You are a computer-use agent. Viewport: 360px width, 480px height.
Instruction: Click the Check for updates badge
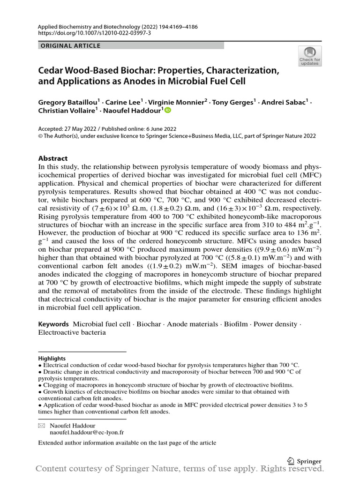click(310, 56)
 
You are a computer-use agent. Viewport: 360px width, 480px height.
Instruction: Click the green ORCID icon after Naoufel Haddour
click(168, 110)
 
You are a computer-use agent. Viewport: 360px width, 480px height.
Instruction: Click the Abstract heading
click(52, 158)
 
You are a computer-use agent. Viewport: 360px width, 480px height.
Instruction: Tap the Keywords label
click(53, 324)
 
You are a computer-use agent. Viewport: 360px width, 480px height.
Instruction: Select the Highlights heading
click(52, 358)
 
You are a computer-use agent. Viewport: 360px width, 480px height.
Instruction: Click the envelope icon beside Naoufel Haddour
click(41, 424)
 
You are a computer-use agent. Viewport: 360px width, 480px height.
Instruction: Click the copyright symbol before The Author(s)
click(41, 136)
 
